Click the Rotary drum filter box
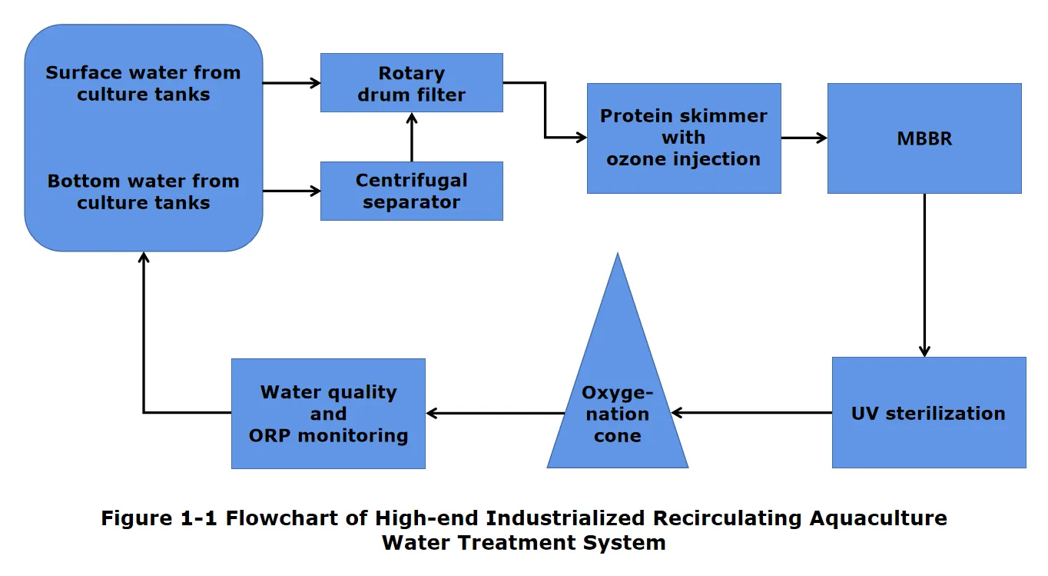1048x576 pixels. point(411,83)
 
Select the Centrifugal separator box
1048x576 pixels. point(411,191)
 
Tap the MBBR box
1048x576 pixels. point(924,138)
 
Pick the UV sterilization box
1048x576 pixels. point(928,413)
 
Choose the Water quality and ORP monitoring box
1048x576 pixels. point(328,414)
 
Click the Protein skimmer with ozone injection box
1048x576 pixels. point(684,138)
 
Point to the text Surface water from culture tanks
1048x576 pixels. point(143,83)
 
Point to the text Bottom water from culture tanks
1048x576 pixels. point(143,191)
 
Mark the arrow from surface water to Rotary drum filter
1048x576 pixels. point(291,83)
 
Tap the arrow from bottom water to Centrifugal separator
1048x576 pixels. point(291,191)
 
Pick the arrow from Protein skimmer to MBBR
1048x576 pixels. point(804,138)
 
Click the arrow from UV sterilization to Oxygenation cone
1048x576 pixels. point(751,413)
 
